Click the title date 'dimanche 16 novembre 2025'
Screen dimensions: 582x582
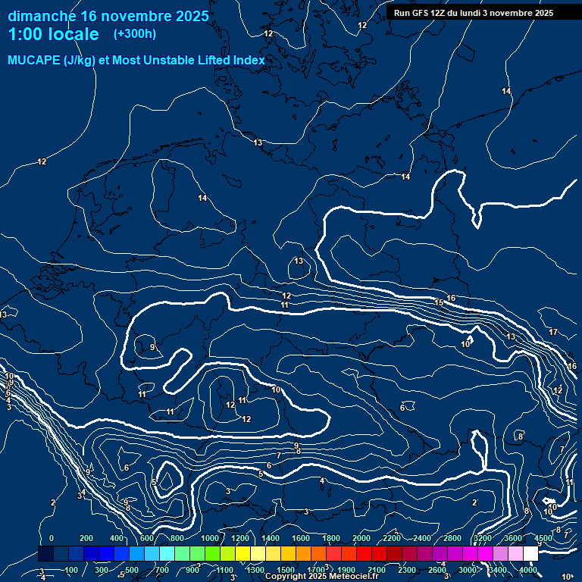tap(108, 16)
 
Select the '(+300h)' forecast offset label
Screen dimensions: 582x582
tap(135, 33)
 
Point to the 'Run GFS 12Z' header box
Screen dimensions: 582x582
tap(474, 13)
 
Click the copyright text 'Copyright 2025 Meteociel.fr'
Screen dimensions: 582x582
tap(322, 576)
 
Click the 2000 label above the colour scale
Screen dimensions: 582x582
tap(361, 538)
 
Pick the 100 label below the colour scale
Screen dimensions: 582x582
tap(71, 570)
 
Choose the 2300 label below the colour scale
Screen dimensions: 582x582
tap(407, 570)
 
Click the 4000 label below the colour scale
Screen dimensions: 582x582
tap(528, 570)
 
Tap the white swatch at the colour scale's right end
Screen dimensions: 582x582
tap(530, 554)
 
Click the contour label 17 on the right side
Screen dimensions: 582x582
tap(553, 332)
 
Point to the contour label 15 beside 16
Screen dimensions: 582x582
tap(439, 302)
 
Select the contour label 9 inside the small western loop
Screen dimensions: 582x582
tap(152, 347)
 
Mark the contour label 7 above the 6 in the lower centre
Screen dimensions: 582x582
tap(278, 455)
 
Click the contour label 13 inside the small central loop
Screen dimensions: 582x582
tap(299, 261)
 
